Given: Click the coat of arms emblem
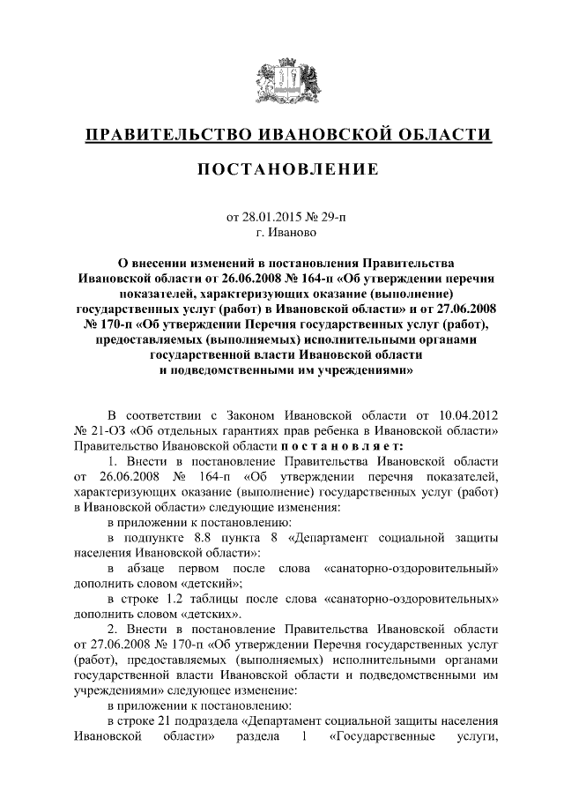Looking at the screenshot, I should pos(282,82).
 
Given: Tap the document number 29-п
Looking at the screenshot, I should pos(323,216).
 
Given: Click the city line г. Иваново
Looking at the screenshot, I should pos(282,233).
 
